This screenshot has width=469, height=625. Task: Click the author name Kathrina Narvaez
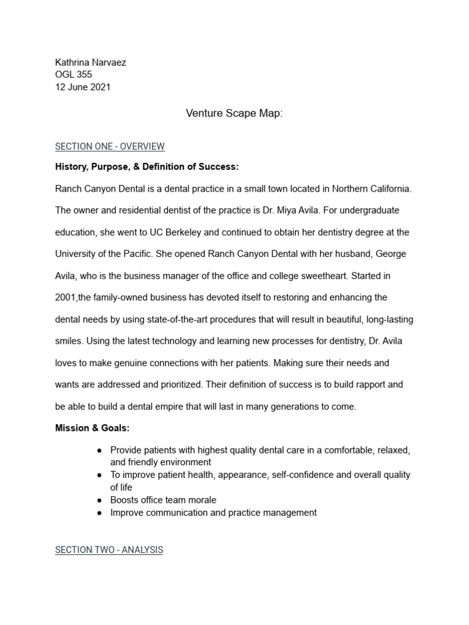[90, 62]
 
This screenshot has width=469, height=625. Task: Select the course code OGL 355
[73, 74]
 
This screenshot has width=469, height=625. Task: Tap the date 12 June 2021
[83, 87]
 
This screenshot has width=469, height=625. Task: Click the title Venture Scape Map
[234, 114]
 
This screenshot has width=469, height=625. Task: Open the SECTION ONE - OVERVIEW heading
[110, 146]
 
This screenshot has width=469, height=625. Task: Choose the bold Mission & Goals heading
[92, 428]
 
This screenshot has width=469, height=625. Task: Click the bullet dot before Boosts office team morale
[100, 500]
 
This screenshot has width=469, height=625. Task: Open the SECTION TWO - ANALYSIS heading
[109, 550]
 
